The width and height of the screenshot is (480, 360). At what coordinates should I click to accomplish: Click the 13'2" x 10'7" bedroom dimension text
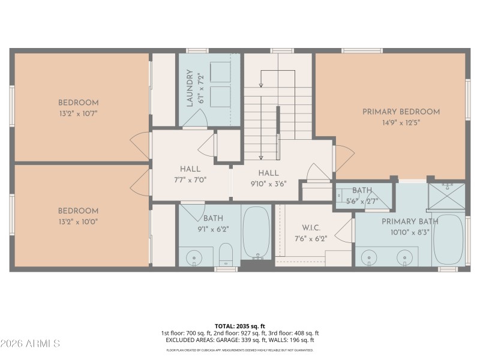tap(78, 113)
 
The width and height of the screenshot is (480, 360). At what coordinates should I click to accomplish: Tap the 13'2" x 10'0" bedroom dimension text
tap(78, 221)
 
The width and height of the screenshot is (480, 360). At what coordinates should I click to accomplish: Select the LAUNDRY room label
tap(190, 88)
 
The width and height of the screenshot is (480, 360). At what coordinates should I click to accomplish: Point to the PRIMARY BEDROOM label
tap(401, 112)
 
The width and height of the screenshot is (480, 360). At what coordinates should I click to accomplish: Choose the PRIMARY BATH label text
tap(410, 221)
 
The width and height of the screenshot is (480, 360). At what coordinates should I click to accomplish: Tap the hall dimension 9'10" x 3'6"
tap(267, 183)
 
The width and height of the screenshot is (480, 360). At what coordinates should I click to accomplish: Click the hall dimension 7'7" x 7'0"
tap(190, 179)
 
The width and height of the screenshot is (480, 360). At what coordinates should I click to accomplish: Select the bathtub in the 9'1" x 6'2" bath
tap(256, 232)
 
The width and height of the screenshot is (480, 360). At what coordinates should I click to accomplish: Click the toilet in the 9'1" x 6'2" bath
tap(226, 254)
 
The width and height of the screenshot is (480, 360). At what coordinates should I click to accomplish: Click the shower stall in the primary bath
tap(446, 194)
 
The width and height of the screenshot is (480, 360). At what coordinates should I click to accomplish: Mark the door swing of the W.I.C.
tap(344, 230)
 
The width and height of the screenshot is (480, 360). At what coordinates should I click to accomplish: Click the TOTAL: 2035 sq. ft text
tap(240, 326)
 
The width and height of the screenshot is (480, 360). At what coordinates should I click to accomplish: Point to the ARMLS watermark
tap(30, 343)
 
